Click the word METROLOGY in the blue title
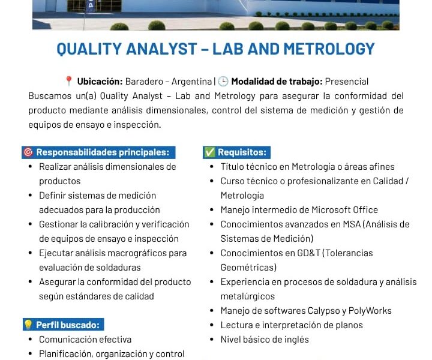tap(329, 49)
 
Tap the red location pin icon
tap(68, 81)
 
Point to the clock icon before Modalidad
tap(223, 81)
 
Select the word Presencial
tap(347, 82)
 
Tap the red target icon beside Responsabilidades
tap(28, 152)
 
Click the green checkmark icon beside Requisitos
tap(209, 152)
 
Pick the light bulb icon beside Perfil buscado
tap(28, 325)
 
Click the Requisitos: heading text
tap(242, 152)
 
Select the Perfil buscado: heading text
tap(68, 325)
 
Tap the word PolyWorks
tap(370, 311)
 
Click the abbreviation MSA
tap(352, 224)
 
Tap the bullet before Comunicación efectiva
tap(31, 340)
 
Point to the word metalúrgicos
tap(248, 296)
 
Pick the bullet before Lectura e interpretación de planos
tap(212, 325)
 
